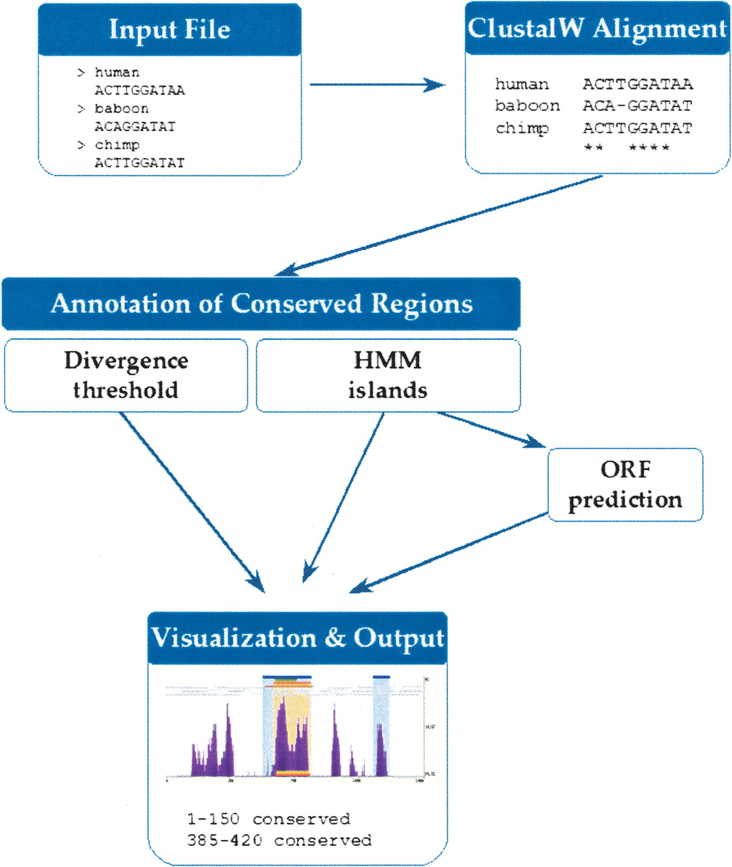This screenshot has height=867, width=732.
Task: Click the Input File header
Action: (169, 30)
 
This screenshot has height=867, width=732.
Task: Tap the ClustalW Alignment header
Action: (597, 29)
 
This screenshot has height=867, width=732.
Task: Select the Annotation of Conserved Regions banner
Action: (262, 303)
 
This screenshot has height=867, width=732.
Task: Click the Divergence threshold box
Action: (126, 375)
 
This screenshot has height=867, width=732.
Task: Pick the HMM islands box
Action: (388, 375)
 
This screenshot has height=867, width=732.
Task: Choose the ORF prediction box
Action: (625, 484)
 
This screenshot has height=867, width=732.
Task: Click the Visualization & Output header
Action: (298, 638)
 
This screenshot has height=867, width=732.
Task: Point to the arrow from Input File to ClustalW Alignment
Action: (376, 85)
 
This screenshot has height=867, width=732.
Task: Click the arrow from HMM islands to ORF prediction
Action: (491, 430)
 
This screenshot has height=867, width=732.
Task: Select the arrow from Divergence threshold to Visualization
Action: (192, 501)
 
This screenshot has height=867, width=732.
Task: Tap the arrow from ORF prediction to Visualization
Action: (449, 552)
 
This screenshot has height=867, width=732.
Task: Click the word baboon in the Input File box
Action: (121, 108)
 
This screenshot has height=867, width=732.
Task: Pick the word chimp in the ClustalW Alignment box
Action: (522, 128)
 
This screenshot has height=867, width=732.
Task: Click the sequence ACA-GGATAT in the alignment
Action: (637, 106)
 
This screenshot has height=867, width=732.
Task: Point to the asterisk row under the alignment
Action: (626, 147)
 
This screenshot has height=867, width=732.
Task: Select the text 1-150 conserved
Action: (268, 819)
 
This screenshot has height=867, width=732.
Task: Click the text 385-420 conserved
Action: (279, 841)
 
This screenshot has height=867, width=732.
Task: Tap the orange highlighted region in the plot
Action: (293, 725)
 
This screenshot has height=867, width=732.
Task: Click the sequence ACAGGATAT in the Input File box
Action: (135, 127)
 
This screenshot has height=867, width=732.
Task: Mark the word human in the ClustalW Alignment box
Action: (522, 84)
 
